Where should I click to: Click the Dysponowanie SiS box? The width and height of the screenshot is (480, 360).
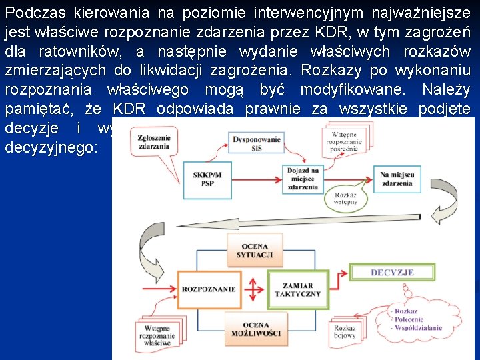tap(256, 143)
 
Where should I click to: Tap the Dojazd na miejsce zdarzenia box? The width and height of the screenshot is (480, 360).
tap(303, 179)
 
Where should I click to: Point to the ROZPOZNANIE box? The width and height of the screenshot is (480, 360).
tap(207, 289)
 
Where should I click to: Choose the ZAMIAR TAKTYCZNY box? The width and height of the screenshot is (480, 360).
tap(302, 289)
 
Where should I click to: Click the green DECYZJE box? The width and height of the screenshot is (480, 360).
tap(392, 273)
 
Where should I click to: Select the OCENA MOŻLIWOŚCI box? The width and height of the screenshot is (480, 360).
tap(255, 327)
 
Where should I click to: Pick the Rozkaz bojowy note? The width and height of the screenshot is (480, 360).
tap(345, 331)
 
